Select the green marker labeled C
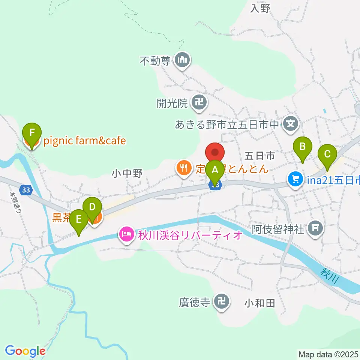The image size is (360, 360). pyautogui.click(x=327, y=154)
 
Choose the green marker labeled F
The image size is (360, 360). pyautogui.click(x=32, y=133)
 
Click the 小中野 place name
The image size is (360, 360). pyautogui.click(x=127, y=174)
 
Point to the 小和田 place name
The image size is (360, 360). pyautogui.click(x=260, y=303)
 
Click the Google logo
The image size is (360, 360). pyautogui.click(x=25, y=351)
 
